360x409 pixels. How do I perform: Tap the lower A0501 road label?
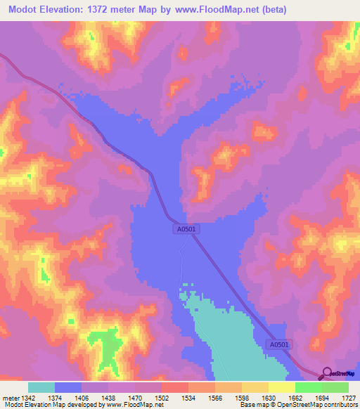(280, 345)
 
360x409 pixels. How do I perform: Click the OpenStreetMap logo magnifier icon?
(326, 373)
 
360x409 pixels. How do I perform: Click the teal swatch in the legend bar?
(41, 387)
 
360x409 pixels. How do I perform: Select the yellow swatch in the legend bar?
(281, 387)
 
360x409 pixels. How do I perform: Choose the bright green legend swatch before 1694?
(308, 387)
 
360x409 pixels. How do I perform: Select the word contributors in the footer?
(340, 405)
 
